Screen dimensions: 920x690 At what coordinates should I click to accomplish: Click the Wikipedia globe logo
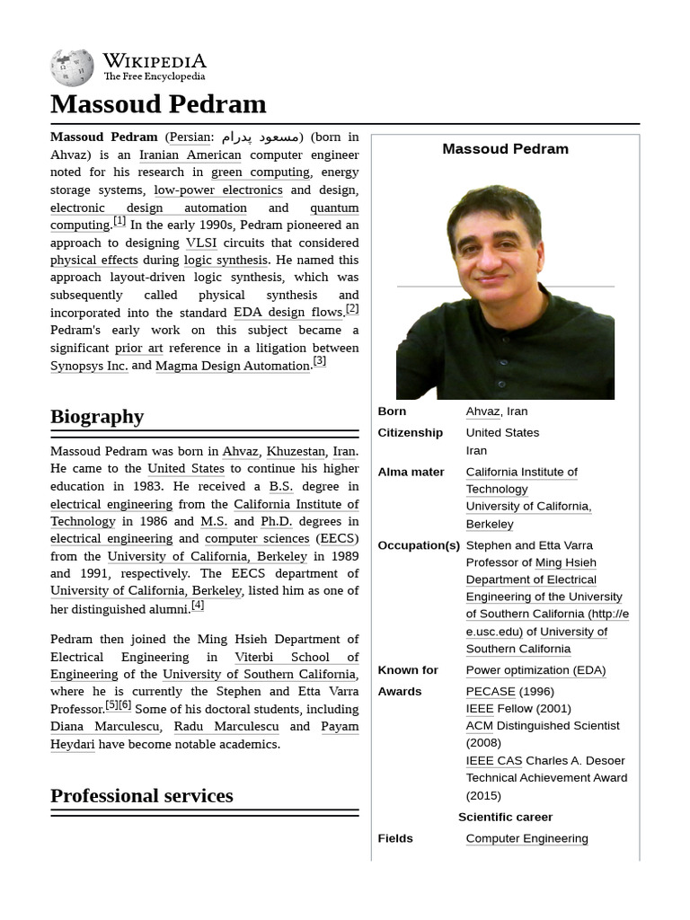[x=72, y=67]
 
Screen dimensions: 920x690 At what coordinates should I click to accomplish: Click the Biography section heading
[x=97, y=416]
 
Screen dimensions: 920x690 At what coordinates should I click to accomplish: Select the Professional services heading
[x=141, y=795]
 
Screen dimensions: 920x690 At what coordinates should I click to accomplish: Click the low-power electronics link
[x=217, y=190]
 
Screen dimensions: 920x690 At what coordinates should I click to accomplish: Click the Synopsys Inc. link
[x=89, y=366]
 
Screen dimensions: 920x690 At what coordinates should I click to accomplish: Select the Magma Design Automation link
[x=233, y=366]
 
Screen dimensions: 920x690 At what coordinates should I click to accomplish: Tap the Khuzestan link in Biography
[x=296, y=451]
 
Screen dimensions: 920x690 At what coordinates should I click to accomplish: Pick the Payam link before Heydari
[x=340, y=726]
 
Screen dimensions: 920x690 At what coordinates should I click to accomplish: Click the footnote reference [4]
[x=198, y=605]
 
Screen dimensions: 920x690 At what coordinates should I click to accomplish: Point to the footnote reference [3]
[x=319, y=361]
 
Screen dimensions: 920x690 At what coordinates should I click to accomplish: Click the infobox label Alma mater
[x=411, y=472]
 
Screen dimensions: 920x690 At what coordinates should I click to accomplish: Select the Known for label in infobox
[x=408, y=669]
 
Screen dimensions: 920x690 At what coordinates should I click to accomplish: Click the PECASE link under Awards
[x=491, y=691]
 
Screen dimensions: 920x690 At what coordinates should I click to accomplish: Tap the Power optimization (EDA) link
[x=535, y=669]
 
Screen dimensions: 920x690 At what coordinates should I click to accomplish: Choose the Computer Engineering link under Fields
[x=526, y=838]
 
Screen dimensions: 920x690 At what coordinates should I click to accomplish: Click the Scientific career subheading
[x=505, y=817]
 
